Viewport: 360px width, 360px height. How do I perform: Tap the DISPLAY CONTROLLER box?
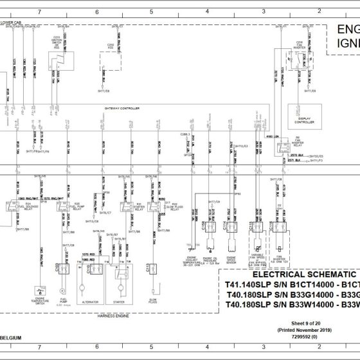pos(304,113)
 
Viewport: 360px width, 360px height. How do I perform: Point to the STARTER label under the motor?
pos(120,300)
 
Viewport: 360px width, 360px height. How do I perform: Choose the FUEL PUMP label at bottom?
pos(62,300)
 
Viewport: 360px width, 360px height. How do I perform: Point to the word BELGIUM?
pos(13,336)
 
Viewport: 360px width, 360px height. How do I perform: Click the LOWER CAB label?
pos(12,22)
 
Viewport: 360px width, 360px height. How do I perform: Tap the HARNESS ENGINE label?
pos(117,315)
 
